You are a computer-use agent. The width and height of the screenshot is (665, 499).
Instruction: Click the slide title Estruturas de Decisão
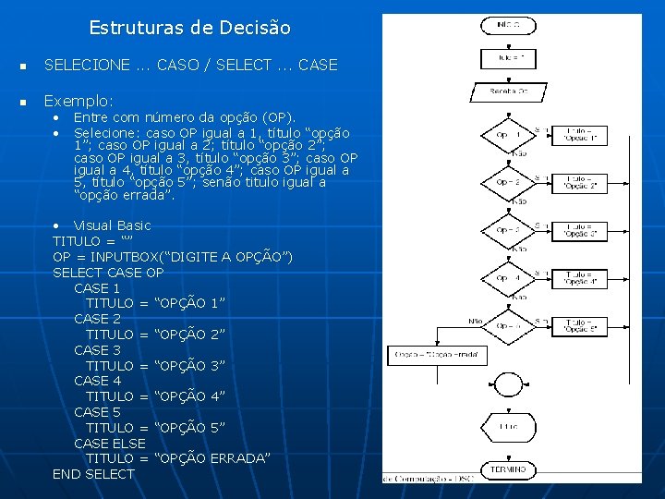189,28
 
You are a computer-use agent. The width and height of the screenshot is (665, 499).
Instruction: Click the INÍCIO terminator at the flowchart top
508,25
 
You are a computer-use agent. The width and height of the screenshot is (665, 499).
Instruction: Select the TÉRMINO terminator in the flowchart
508,469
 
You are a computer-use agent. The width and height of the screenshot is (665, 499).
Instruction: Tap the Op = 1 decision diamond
508,135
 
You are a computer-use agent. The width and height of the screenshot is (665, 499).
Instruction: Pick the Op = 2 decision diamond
508,182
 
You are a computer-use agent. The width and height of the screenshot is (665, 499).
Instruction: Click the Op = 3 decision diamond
508,229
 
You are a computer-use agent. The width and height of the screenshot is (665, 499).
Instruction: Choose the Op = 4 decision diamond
508,277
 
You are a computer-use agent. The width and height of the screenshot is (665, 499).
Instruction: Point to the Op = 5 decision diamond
508,325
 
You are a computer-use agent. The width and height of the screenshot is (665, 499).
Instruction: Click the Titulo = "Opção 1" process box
580,135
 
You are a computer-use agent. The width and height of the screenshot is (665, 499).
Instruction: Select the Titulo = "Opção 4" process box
580,277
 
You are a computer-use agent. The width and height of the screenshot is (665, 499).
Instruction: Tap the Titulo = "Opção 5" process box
580,325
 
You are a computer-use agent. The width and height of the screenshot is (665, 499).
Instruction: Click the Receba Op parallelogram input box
508,92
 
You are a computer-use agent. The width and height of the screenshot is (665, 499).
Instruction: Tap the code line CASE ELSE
110,444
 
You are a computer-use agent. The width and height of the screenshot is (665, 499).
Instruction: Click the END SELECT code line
93,474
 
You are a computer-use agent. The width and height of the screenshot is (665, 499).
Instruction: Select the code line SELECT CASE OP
108,273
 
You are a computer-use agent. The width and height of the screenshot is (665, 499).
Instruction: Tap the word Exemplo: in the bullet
79,100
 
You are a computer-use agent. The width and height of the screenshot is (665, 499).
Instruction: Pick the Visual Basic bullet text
112,225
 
